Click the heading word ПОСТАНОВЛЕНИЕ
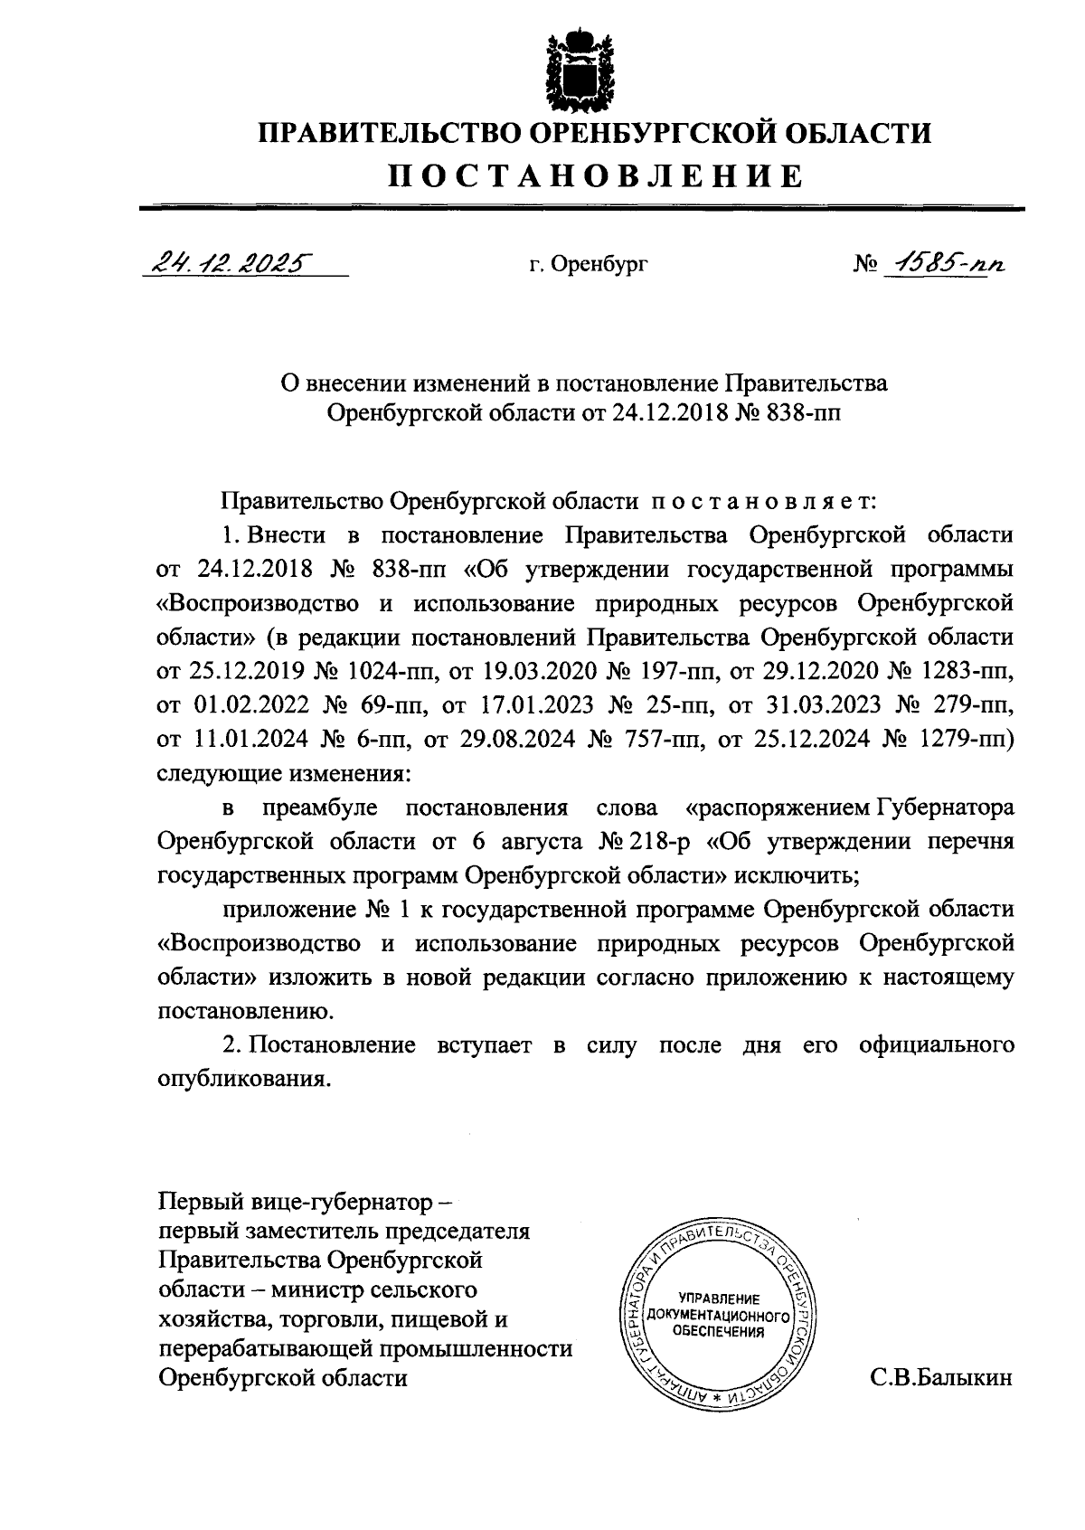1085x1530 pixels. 596,175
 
